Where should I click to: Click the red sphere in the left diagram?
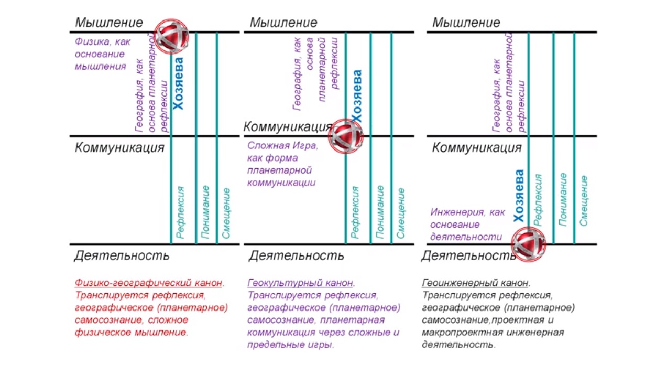(171, 36)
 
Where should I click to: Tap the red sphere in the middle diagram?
(346, 136)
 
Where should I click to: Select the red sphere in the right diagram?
(529, 244)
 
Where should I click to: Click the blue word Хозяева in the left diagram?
(178, 83)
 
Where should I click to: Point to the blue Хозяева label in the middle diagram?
(357, 96)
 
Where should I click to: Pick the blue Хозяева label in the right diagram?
(519, 196)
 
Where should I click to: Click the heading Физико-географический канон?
(148, 283)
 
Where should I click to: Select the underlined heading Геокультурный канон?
(300, 283)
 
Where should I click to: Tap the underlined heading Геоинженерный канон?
(475, 283)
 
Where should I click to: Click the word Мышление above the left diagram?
(108, 23)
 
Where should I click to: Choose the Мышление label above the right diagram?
(466, 23)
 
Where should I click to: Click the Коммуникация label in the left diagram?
(119, 147)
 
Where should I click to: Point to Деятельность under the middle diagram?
(296, 255)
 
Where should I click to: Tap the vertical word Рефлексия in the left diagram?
(180, 212)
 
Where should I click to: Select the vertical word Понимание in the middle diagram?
(380, 212)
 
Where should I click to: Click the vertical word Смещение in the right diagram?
(584, 200)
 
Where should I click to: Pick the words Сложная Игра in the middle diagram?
(282, 146)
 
